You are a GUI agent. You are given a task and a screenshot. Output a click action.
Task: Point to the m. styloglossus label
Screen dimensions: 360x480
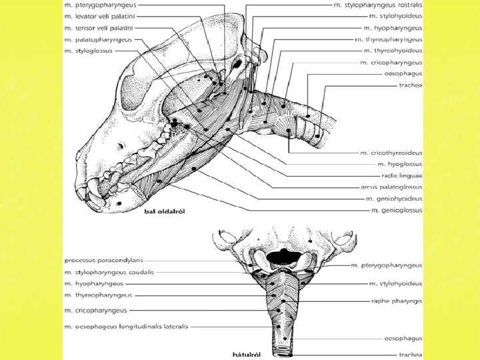[x=89, y=50]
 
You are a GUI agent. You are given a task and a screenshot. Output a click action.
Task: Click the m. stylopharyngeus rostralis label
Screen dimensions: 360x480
[x=378, y=5]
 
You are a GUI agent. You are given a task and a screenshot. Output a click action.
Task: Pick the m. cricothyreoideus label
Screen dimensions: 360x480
[x=391, y=153]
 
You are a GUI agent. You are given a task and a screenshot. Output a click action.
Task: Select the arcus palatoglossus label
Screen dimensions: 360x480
[x=392, y=187]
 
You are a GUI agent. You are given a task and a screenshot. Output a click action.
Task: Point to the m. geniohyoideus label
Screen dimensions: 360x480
[x=394, y=199]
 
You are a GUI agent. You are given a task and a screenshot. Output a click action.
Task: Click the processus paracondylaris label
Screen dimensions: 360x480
[x=103, y=259]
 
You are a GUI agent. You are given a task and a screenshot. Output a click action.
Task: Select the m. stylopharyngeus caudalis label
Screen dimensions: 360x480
[x=109, y=272]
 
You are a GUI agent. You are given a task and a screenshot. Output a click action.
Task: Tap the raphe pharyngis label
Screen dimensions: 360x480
[x=397, y=301]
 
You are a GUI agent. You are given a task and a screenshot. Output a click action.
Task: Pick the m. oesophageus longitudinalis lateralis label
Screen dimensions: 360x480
[x=127, y=327]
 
